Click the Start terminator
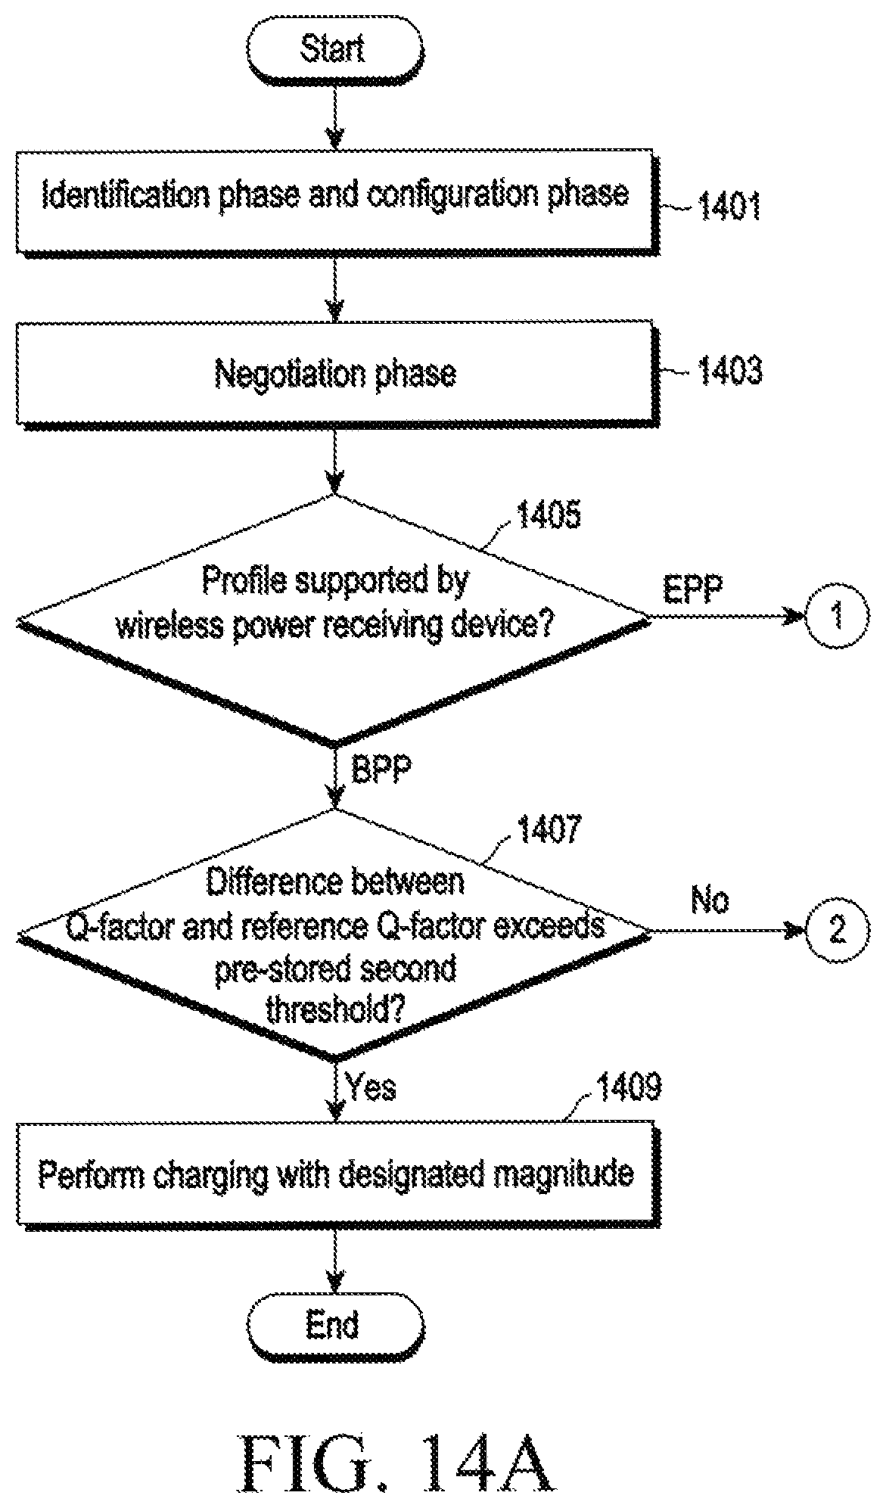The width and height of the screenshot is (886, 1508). [x=333, y=51]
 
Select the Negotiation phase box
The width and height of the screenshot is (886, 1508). [x=335, y=375]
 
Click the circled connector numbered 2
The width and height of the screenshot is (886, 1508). [x=836, y=930]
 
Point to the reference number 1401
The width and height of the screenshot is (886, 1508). [x=728, y=207]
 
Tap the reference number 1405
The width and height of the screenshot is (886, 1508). [x=548, y=515]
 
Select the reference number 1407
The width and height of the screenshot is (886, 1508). [x=549, y=829]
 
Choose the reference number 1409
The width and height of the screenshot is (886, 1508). [x=629, y=1087]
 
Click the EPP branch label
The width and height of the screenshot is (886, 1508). [x=694, y=588]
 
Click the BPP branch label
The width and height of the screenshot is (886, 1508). [x=381, y=771]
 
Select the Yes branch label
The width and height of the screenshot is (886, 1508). [x=371, y=1088]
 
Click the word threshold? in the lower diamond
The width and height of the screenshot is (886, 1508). [x=335, y=1009]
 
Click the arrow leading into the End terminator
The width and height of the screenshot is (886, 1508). [x=334, y=1271]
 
